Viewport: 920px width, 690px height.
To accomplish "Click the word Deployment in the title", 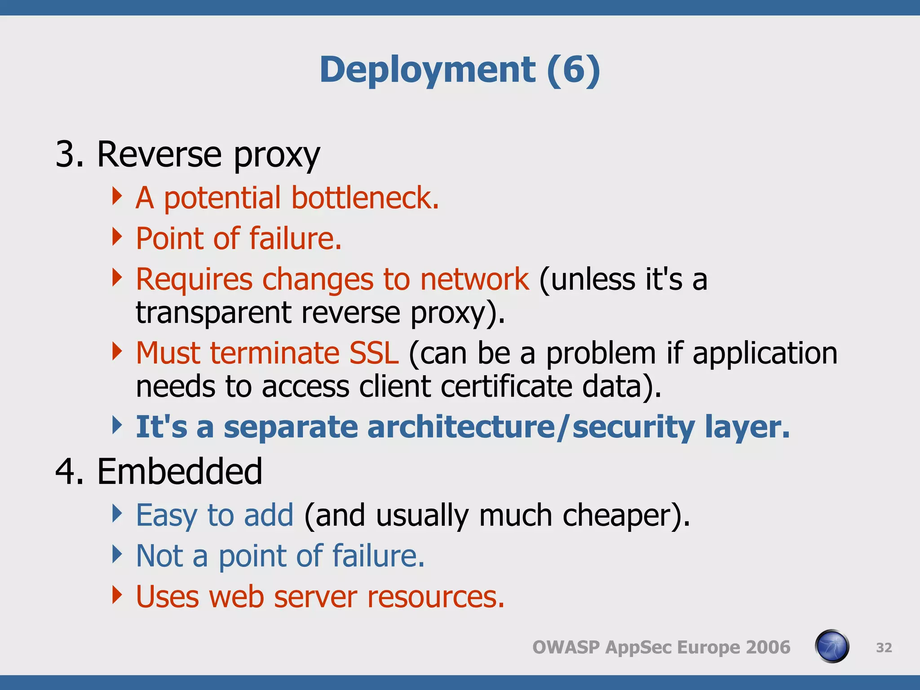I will [427, 70].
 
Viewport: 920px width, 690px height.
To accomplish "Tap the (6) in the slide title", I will [573, 70].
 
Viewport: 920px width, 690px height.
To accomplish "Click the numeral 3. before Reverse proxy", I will [69, 155].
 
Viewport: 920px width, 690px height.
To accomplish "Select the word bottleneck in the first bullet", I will [364, 198].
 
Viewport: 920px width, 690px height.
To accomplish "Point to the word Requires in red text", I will [194, 279].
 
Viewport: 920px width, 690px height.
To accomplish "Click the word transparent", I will [213, 312].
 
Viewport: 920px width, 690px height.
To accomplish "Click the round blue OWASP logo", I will [832, 646].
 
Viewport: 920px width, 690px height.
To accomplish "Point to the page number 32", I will [884, 647].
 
